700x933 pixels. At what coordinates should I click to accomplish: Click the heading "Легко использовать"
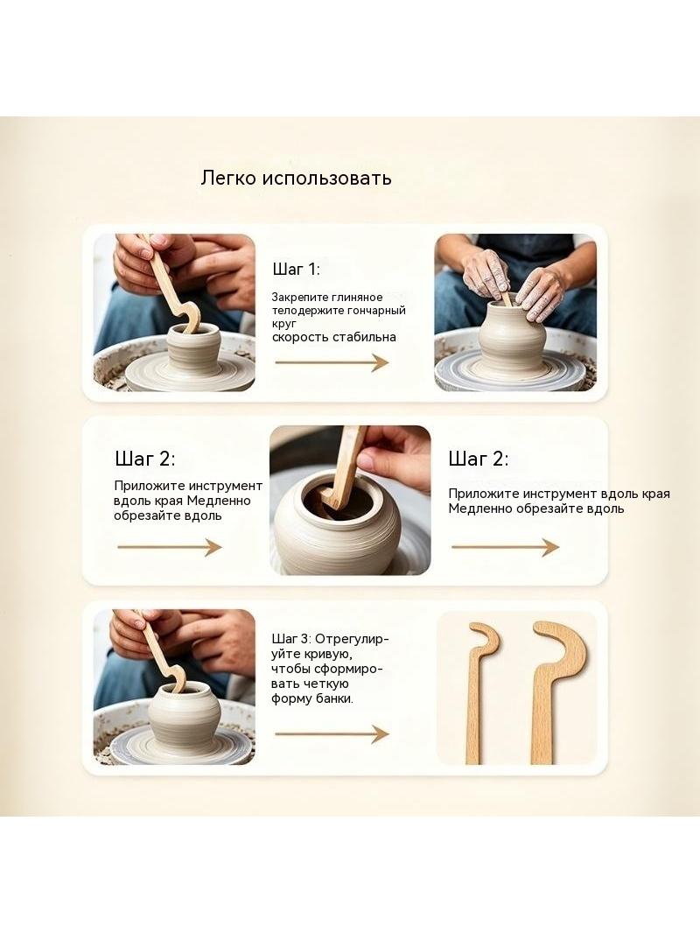(x=296, y=178)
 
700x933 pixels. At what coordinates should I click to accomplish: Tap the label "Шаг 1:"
(x=296, y=270)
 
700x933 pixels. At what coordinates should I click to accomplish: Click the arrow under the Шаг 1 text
(x=332, y=361)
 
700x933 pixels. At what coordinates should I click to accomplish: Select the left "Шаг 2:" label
(x=145, y=459)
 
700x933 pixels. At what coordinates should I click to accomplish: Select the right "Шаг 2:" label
(x=479, y=459)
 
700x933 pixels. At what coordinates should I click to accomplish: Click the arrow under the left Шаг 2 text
(x=170, y=547)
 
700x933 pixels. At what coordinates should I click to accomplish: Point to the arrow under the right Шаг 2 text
(x=505, y=547)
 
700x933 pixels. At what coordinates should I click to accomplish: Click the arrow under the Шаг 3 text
(x=332, y=733)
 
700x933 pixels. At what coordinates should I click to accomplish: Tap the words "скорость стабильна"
(x=334, y=337)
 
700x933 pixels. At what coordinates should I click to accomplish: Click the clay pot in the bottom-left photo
(x=179, y=719)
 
